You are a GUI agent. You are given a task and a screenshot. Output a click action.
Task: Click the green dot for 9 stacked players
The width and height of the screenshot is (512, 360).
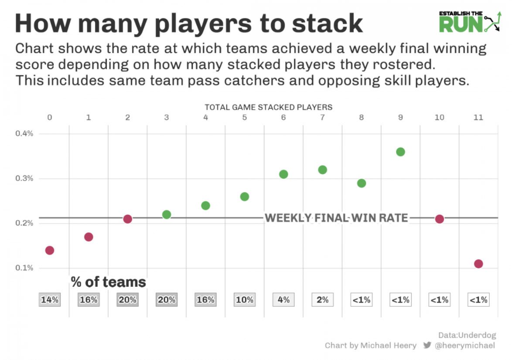pos(400,152)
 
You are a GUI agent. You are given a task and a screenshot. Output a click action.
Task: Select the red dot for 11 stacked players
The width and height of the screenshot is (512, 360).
pos(478,264)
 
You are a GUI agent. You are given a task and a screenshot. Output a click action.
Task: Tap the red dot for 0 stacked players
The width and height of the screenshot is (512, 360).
pos(50,250)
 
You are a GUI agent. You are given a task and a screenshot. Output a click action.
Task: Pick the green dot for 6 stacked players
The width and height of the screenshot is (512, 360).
pos(283,174)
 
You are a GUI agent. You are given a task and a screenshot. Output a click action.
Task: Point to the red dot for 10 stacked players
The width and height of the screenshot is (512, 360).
pos(440,219)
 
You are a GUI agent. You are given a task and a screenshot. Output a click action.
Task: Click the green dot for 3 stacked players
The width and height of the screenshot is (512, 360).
pos(167,214)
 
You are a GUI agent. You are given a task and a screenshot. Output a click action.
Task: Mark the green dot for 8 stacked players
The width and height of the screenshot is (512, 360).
pos(362,183)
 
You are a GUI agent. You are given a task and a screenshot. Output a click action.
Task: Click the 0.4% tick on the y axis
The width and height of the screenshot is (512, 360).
pos(24,134)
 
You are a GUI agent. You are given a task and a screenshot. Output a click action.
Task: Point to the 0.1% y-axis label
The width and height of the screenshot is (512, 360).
pos(24,268)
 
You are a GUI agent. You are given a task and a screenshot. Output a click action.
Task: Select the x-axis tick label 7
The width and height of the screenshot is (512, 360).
pos(322,117)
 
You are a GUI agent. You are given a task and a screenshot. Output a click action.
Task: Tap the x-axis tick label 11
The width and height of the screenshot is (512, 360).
pos(478,117)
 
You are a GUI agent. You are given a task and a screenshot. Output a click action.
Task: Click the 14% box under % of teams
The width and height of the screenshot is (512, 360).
pos(50,300)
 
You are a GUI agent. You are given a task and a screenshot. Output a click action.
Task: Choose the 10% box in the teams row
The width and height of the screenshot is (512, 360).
pos(245,300)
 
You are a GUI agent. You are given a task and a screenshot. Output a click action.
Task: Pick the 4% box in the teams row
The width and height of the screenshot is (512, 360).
pos(283,300)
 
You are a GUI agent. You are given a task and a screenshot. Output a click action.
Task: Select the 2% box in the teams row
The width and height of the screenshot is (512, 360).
pos(322,300)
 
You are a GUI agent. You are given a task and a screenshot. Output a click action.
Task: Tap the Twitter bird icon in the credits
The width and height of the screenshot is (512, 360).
pos(427,346)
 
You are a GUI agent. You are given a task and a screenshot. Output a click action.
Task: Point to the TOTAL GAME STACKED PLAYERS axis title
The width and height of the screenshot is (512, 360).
pos(269,107)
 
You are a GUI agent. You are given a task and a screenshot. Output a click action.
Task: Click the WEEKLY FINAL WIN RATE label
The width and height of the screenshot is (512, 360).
pos(336,218)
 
